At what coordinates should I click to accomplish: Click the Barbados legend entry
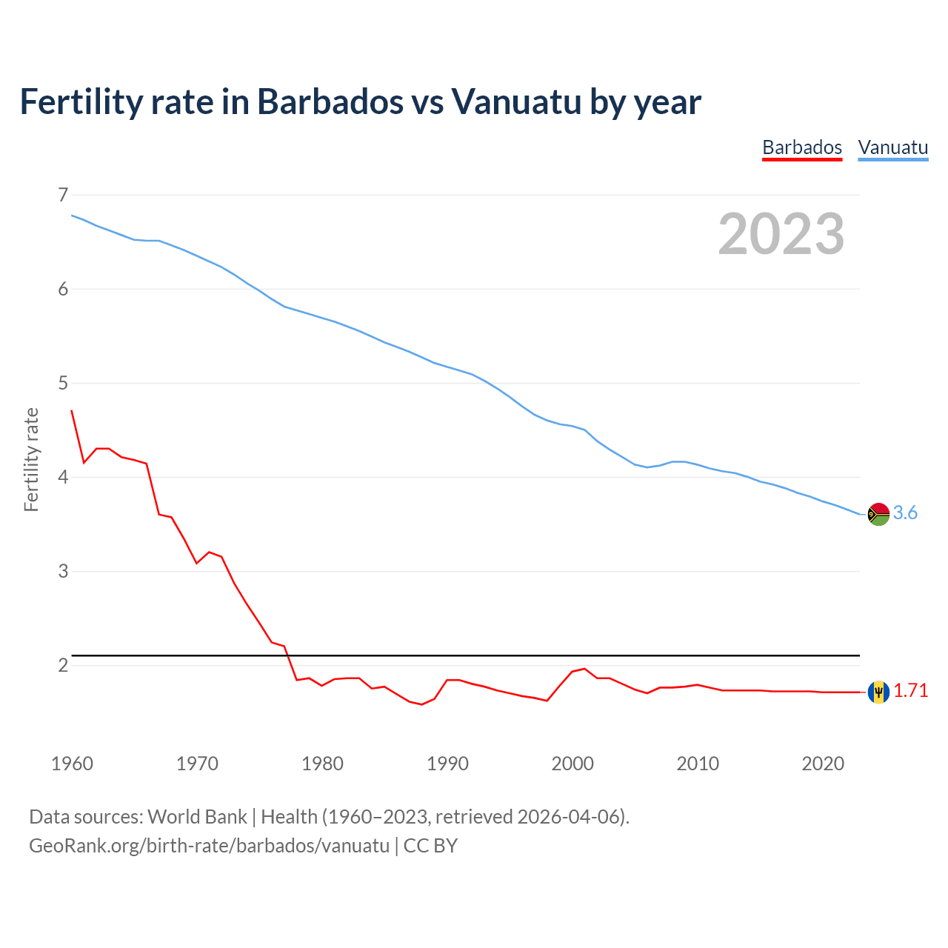click(x=802, y=147)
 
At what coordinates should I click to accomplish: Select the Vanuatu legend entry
click(x=892, y=147)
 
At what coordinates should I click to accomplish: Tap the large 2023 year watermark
click(x=781, y=234)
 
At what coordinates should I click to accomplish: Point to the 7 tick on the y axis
click(x=63, y=195)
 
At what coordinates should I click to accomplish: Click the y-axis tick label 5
click(x=63, y=383)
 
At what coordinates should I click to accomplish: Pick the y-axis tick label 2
click(x=63, y=665)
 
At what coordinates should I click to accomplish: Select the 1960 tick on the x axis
click(x=72, y=764)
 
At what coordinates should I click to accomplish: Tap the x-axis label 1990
click(x=447, y=764)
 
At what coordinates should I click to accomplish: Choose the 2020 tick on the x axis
click(x=823, y=764)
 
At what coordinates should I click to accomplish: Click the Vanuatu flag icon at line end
click(x=878, y=514)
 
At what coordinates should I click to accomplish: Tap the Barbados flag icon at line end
click(x=878, y=692)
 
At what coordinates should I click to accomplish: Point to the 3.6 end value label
click(x=905, y=513)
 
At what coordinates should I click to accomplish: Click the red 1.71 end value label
click(x=910, y=691)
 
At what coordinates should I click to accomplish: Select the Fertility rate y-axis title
click(x=31, y=459)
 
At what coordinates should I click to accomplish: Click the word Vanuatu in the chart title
click(x=516, y=101)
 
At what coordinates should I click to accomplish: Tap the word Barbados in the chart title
click(x=330, y=101)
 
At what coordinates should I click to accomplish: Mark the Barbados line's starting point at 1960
click(x=72, y=410)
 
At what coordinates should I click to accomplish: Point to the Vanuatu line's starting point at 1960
click(x=72, y=216)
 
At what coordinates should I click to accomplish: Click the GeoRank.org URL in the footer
click(x=209, y=846)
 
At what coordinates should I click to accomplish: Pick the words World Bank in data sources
click(x=197, y=817)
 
